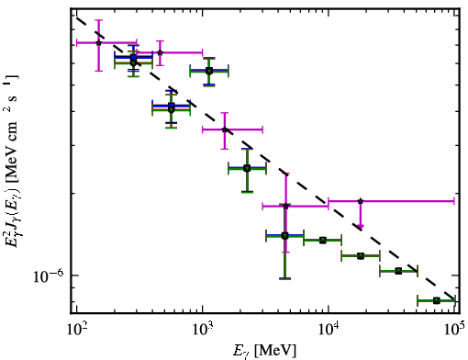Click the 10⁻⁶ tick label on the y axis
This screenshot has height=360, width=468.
[49, 276]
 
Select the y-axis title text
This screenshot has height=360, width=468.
[12, 161]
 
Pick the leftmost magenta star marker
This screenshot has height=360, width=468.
[98, 43]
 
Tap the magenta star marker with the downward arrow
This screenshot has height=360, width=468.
[361, 201]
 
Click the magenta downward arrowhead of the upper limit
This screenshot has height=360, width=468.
[361, 227]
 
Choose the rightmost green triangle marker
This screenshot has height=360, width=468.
[437, 300]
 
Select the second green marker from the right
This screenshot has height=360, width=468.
[398, 271]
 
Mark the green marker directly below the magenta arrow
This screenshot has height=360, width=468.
[361, 255]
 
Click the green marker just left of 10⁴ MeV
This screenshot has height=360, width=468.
[323, 240]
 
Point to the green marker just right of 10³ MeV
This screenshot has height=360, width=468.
[209, 71]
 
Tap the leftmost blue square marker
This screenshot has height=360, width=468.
[133, 57]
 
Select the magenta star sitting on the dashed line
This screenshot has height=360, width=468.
[225, 129]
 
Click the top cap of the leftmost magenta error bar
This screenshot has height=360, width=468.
[98, 20]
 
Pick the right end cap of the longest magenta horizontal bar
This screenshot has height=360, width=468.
[454, 201]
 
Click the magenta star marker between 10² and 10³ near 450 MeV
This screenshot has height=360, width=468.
[160, 52]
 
